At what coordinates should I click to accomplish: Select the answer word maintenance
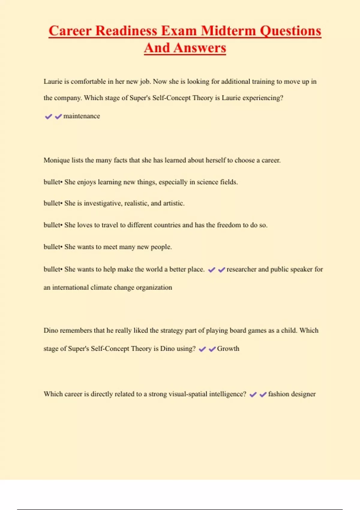(x=82, y=116)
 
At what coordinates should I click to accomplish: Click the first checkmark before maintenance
(x=48, y=116)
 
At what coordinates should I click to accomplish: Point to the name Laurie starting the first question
(x=53, y=82)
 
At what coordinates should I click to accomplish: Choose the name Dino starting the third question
(x=51, y=330)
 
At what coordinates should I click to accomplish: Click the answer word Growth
(x=228, y=349)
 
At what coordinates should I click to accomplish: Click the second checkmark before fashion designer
(x=263, y=394)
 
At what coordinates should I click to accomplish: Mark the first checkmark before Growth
(x=202, y=349)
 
